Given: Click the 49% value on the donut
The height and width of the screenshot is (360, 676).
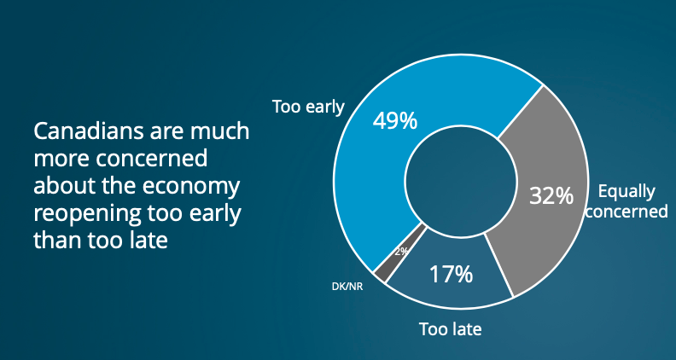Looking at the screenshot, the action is [x=395, y=121].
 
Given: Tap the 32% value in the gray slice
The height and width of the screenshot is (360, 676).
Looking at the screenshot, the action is [x=551, y=195].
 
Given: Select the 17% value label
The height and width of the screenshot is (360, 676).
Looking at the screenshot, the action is [x=451, y=274].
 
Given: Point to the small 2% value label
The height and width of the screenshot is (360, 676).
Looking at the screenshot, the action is [x=401, y=252].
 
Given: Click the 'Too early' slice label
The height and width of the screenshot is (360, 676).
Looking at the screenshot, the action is [x=308, y=107].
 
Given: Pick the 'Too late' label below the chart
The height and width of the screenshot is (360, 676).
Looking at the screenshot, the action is [x=450, y=329].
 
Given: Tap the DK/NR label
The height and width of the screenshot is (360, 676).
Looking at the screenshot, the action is [x=347, y=287].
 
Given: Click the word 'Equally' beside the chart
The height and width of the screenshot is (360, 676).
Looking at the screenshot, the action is [x=626, y=192].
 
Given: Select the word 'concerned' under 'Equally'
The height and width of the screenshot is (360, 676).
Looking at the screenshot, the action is [x=626, y=212].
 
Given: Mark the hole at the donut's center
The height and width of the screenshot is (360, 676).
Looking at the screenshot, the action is [x=461, y=182].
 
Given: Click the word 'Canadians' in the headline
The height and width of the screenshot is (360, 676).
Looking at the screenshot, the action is [x=90, y=131].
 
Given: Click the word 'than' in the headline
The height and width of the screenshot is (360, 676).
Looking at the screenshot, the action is [x=57, y=241].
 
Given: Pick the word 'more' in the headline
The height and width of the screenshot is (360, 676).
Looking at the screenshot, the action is [x=61, y=160].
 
